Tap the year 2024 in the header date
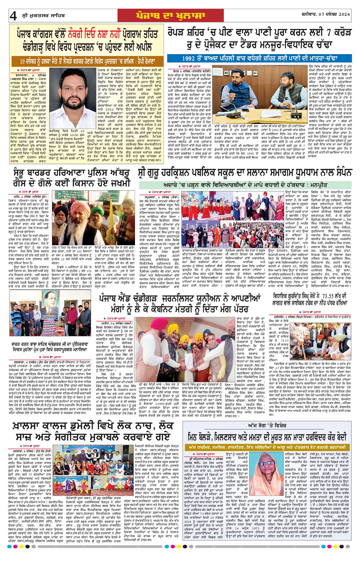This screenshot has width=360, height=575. (x=343, y=14)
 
